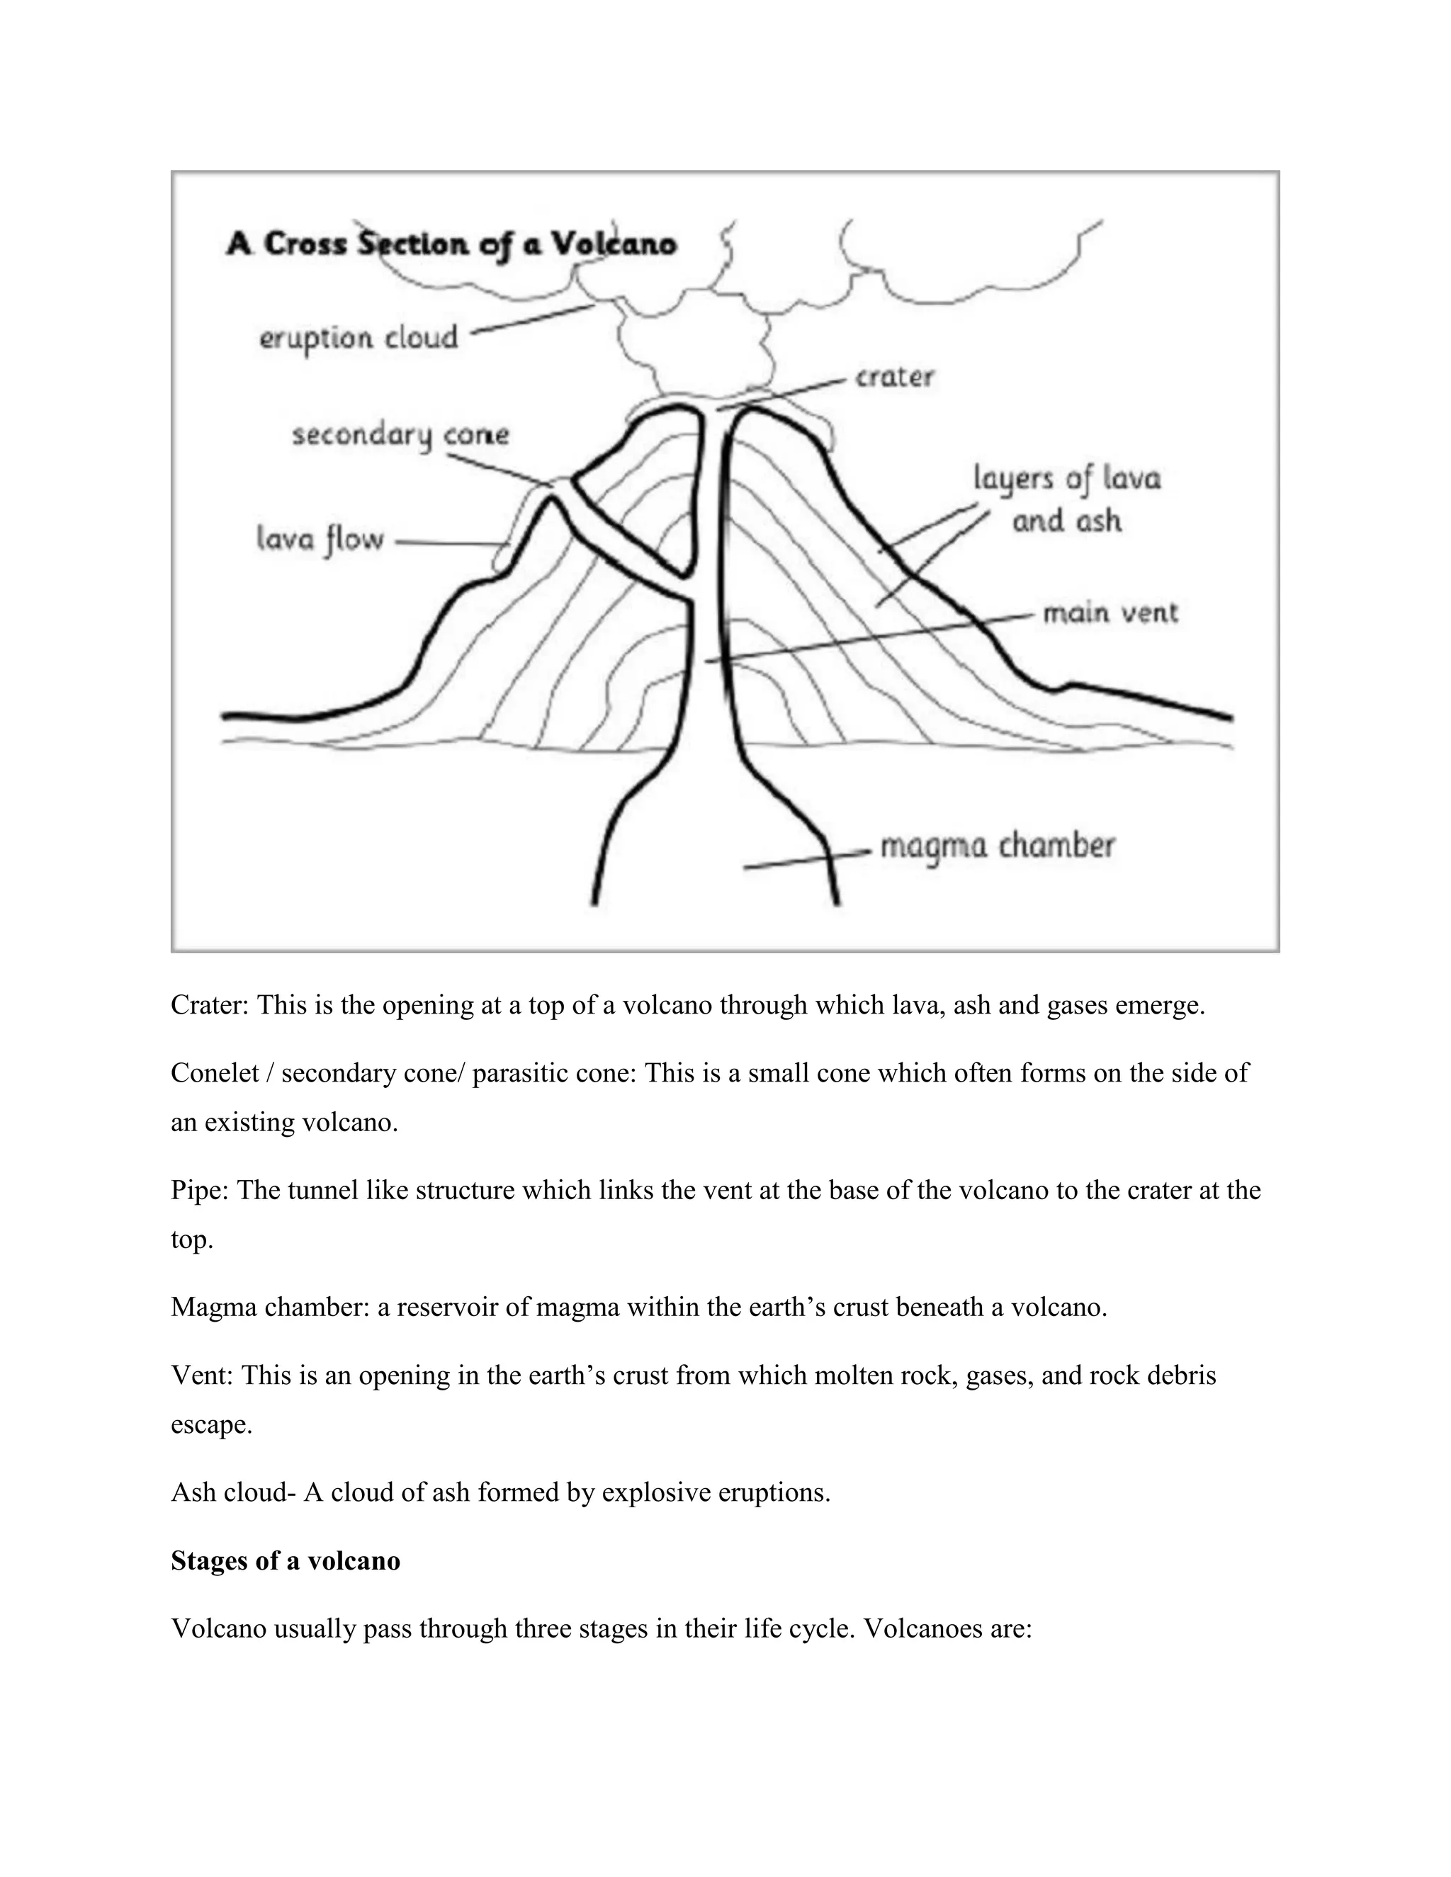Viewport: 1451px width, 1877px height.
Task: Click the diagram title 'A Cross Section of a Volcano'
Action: [x=451, y=244]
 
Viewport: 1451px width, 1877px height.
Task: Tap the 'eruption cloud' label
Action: [x=358, y=338]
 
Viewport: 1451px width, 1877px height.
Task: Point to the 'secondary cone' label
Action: [x=400, y=435]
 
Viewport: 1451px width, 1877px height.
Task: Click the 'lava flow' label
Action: [x=320, y=540]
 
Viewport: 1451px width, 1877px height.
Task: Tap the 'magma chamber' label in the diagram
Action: [x=997, y=846]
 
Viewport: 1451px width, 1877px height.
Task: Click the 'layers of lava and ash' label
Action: [x=1067, y=499]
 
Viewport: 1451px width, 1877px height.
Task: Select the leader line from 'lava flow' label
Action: [x=447, y=543]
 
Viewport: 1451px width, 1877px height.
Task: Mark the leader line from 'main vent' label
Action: [x=868, y=637]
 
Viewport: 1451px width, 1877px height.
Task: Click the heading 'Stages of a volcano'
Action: [x=286, y=1560]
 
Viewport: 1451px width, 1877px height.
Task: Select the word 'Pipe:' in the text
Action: [x=199, y=1191]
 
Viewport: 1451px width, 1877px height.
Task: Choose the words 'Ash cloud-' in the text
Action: [x=233, y=1493]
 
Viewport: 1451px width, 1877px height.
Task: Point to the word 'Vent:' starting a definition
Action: [x=202, y=1376]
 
